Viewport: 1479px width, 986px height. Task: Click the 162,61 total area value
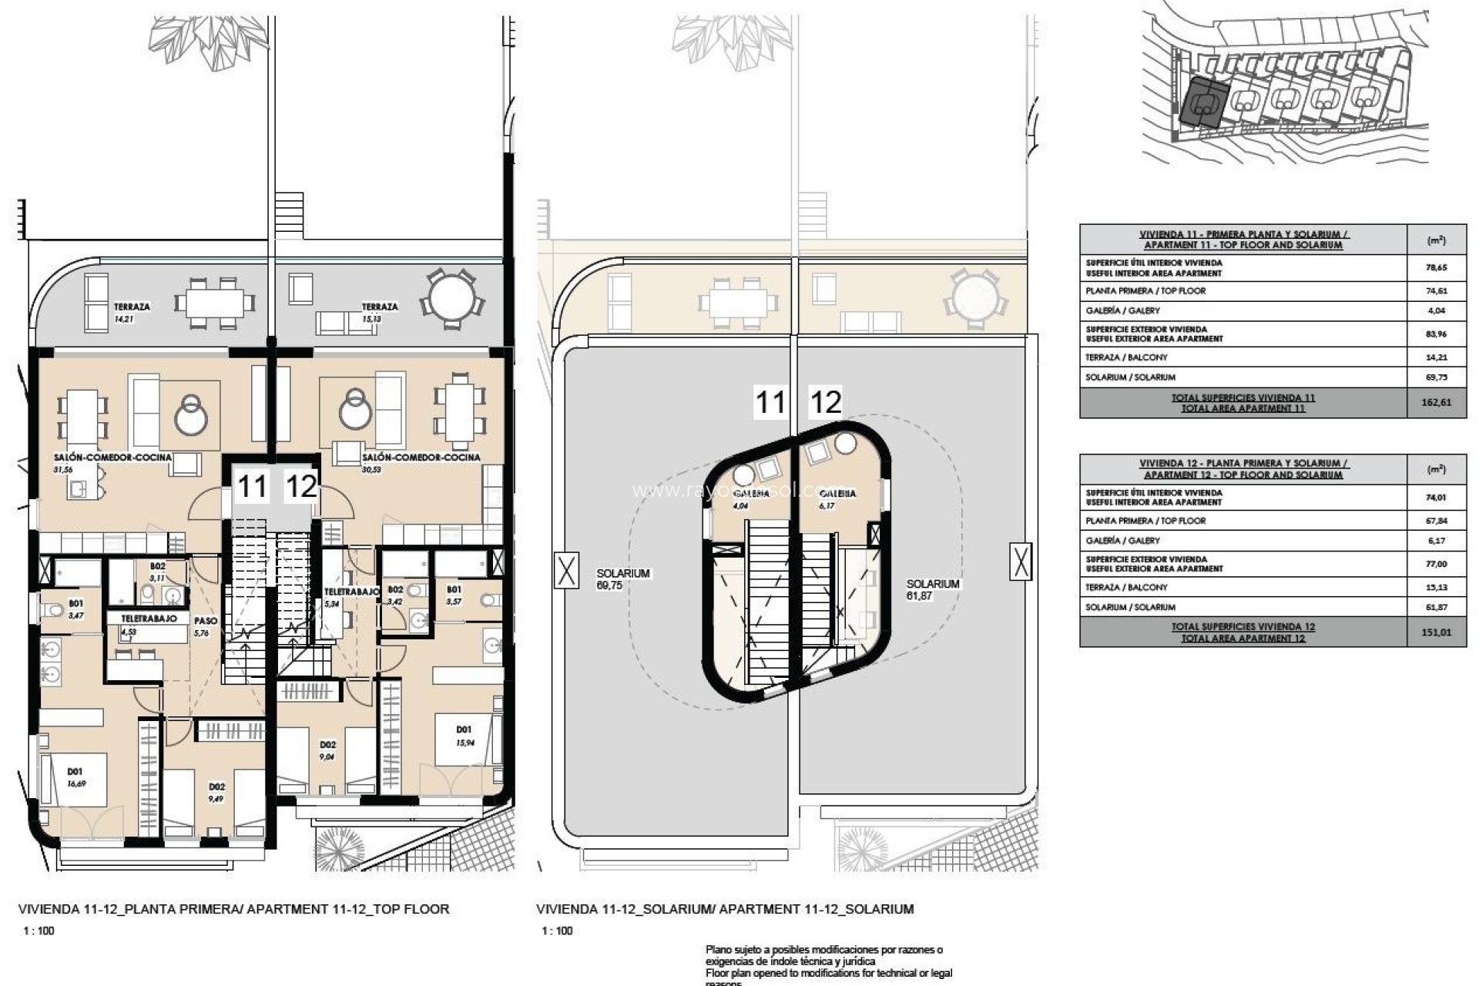click(1435, 403)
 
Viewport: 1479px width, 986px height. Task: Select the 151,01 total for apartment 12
click(1435, 632)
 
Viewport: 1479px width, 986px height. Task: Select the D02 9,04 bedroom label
click(327, 750)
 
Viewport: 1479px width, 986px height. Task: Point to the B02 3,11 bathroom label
click(157, 571)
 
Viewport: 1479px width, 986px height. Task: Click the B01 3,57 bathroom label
click(454, 594)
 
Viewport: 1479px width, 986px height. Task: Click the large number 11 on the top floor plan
click(252, 487)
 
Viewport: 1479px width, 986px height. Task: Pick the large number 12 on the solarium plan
click(824, 402)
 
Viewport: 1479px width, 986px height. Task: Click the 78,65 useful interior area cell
click(1435, 267)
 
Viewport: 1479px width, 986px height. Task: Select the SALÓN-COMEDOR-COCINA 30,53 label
click(420, 461)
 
